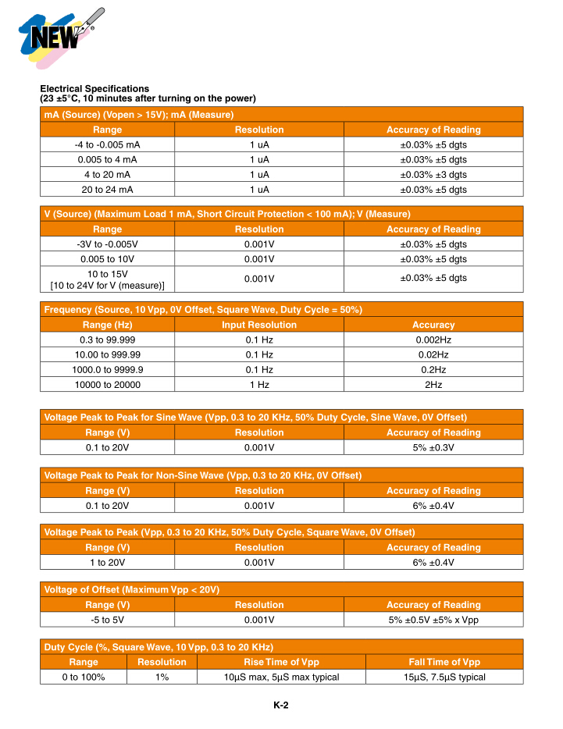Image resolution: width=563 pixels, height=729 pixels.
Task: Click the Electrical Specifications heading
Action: click(x=94, y=88)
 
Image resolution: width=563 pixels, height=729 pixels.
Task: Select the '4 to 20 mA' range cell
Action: click(x=107, y=175)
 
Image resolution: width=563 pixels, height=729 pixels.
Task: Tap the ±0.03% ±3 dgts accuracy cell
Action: click(x=433, y=175)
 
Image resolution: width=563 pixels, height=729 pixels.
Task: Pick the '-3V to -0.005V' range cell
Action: click(x=107, y=244)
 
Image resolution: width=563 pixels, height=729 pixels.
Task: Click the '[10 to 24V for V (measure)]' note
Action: click(x=107, y=285)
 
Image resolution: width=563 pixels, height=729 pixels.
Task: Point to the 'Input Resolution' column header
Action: click(x=259, y=325)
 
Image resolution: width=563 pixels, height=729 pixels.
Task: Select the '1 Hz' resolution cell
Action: click(x=259, y=385)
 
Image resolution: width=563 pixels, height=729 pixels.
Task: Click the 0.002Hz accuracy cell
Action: click(x=433, y=340)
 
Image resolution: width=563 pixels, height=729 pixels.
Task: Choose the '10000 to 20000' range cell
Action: click(x=107, y=385)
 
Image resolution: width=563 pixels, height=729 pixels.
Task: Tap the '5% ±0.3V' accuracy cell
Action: click(x=433, y=447)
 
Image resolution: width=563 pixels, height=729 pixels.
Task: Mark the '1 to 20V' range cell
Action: click(x=107, y=562)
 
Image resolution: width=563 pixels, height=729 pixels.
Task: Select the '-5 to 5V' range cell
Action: click(x=107, y=620)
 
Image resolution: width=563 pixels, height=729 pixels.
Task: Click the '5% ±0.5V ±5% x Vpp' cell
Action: click(x=433, y=620)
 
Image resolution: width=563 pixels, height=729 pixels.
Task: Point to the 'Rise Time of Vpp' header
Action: click(x=282, y=662)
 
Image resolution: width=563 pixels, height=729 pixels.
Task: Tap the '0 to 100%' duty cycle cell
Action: click(x=84, y=677)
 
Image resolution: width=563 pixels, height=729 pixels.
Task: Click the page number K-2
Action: click(x=281, y=706)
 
